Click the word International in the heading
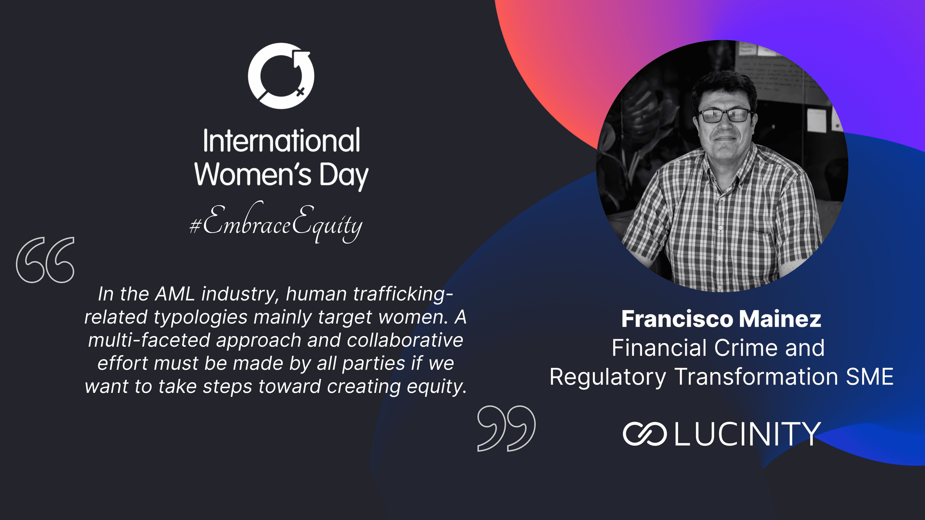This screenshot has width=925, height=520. (281, 141)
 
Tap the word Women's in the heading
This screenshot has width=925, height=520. (253, 174)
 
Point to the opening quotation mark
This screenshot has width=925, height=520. (45, 260)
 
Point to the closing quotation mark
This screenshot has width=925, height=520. (506, 428)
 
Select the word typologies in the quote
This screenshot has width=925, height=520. (201, 318)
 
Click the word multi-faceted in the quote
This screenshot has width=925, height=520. (149, 340)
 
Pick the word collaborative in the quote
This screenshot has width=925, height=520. (405, 340)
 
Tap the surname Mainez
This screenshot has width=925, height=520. (780, 319)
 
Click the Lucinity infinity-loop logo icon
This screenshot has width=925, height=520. (645, 434)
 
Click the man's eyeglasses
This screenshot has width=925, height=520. (725, 115)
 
